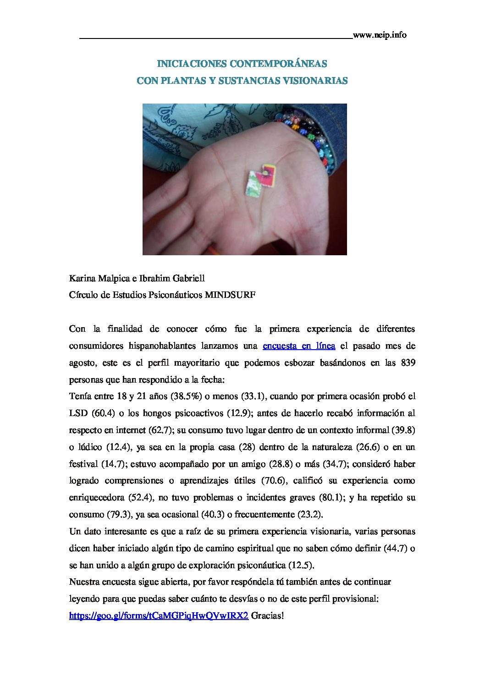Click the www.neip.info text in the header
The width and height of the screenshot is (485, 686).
pos(380,35)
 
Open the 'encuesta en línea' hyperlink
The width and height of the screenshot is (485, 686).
pos(298,346)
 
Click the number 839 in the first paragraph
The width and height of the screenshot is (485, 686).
pos(408,362)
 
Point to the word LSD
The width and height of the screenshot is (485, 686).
pos(78,413)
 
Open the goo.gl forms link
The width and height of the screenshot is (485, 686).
pos(159,616)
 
